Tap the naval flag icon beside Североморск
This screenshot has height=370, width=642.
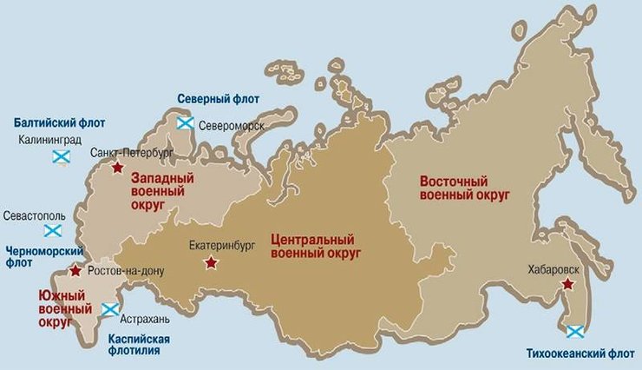(185, 123)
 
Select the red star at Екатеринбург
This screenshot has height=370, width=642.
(209, 261)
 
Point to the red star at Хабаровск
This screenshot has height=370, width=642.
(567, 284)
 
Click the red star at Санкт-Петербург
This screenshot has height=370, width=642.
(117, 167)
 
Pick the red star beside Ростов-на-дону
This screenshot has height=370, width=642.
(75, 271)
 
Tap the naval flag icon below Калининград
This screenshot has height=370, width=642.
(61, 156)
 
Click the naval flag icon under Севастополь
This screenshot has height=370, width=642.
(53, 230)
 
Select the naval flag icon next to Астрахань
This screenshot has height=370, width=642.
(110, 310)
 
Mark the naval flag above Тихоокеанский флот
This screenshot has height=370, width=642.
(574, 331)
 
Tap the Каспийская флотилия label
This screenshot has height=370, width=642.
(139, 345)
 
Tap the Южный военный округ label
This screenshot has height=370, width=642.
(65, 308)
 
